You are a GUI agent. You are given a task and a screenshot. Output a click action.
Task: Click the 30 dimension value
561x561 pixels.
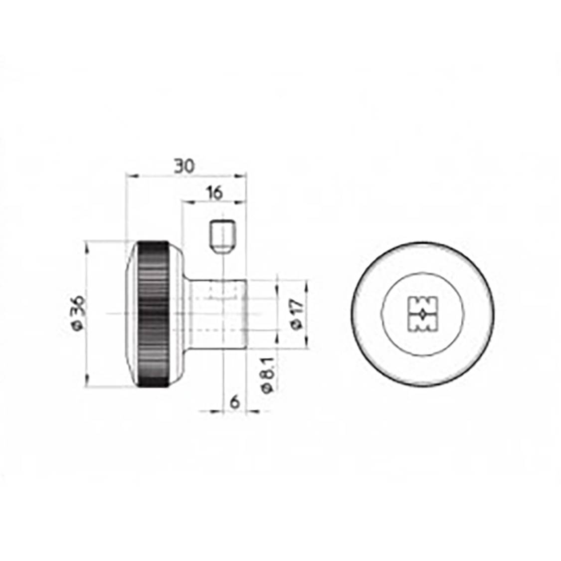click(184, 166)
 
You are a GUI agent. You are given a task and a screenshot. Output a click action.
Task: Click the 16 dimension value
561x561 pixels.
click(214, 193)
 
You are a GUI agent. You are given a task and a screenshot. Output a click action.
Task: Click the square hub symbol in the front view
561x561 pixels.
click(422, 314)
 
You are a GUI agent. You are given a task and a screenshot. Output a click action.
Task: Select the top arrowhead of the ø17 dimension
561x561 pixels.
click(307, 283)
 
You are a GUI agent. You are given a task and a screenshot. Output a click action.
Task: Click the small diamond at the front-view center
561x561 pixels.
click(422, 314)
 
